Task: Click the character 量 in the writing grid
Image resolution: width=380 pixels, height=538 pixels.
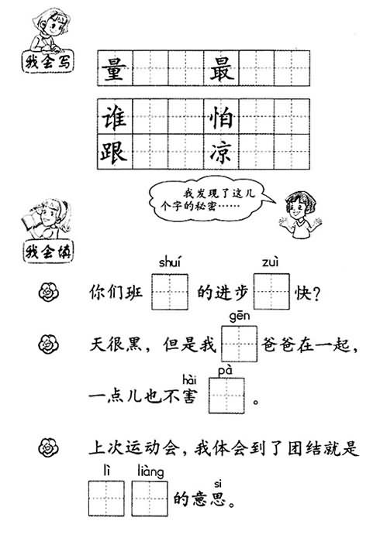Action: click(x=114, y=69)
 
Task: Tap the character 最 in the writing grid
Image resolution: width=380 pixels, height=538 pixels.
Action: click(x=222, y=69)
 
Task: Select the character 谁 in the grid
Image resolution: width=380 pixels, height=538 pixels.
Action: click(x=114, y=118)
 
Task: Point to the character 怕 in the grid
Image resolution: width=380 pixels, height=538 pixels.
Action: click(x=222, y=118)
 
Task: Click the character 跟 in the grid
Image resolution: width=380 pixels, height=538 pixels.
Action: click(x=114, y=151)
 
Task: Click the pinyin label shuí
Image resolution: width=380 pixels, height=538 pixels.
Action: click(x=170, y=262)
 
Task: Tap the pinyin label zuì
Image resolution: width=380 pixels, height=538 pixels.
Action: click(x=270, y=262)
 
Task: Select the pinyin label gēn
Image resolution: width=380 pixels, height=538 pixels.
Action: click(x=240, y=317)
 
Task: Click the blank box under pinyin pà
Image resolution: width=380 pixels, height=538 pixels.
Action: click(x=226, y=396)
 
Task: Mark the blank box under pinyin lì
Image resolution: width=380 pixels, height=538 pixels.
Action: click(x=106, y=499)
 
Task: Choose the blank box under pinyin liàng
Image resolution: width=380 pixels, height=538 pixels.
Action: click(x=150, y=499)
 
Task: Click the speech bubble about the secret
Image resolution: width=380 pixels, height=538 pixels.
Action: click(x=209, y=199)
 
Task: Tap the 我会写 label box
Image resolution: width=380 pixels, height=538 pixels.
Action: click(x=48, y=62)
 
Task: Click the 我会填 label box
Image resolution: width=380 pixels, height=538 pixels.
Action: click(x=49, y=252)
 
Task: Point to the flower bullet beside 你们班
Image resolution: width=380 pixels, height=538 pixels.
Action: click(x=49, y=292)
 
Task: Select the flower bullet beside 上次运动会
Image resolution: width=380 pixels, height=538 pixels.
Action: click(x=49, y=447)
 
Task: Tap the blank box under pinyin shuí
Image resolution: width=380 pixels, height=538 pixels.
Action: click(x=170, y=292)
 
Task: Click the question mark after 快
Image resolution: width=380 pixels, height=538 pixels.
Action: click(x=316, y=293)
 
